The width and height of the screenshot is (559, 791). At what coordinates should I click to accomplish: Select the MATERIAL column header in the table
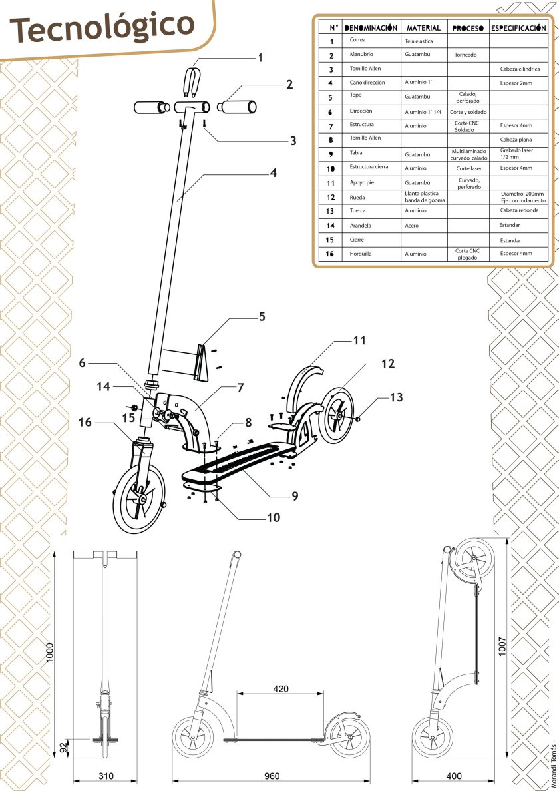423,28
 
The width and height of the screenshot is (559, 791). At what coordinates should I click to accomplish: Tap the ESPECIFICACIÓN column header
518,28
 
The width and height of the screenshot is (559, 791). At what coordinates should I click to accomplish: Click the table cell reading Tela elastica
419,41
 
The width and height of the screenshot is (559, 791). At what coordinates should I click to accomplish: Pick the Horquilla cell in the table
361,254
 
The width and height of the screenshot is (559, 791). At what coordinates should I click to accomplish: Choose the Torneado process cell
466,55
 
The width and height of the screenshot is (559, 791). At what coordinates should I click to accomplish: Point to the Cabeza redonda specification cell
519,210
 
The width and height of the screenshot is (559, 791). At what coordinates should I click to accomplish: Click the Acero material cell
412,226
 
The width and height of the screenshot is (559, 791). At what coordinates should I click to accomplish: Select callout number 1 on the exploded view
260,58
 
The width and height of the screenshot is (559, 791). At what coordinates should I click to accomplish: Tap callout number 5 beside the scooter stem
262,316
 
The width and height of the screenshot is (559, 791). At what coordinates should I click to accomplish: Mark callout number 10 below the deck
273,517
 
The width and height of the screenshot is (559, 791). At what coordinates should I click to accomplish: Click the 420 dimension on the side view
281,688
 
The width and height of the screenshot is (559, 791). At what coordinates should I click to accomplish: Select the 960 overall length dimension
272,776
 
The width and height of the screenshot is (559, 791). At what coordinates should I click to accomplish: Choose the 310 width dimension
105,776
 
